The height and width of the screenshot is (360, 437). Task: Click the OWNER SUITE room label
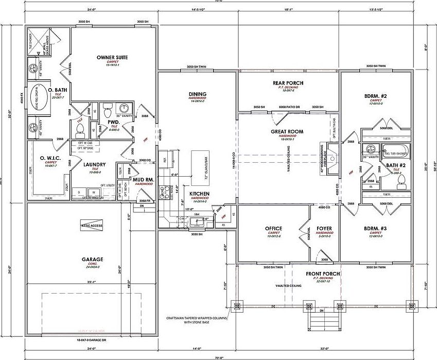click(112, 57)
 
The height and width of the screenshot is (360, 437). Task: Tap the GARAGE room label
click(92, 260)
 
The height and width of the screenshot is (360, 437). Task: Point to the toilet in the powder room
click(108, 110)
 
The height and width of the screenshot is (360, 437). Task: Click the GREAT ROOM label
click(287, 131)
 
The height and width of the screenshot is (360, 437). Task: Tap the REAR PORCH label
click(288, 83)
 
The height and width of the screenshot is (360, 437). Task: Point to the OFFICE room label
click(273, 228)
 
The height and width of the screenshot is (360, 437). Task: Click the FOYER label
click(324, 228)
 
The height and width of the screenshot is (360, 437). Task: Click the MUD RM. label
click(141, 179)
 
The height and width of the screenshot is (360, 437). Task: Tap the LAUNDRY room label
click(95, 165)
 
